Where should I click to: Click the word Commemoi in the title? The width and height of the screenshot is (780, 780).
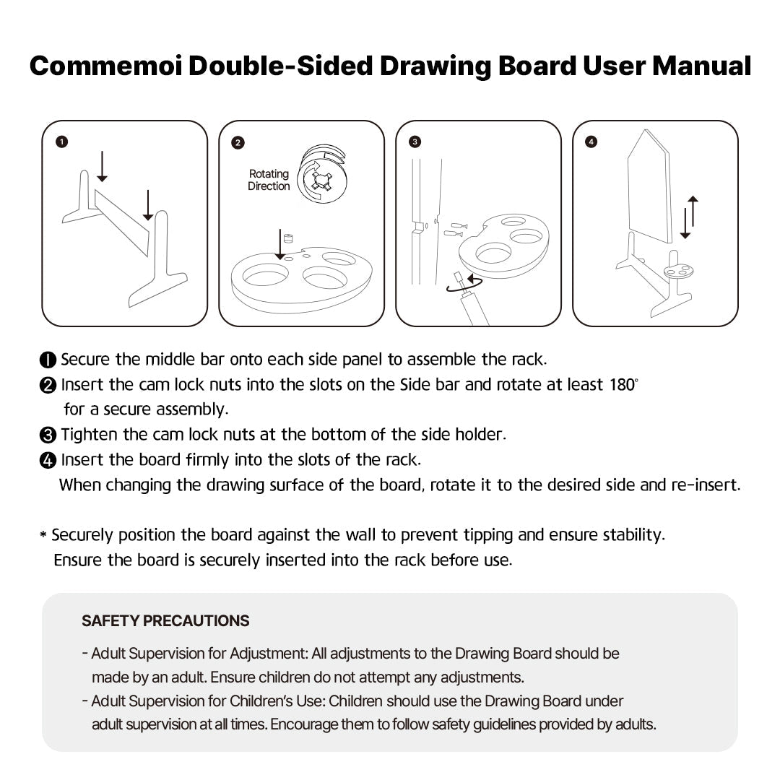pos(105,66)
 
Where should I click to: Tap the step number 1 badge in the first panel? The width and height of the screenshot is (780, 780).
pos(62,142)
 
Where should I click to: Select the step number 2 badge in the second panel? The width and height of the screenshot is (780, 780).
pos(238,142)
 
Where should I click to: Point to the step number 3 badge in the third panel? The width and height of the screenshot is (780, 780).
pos(415,142)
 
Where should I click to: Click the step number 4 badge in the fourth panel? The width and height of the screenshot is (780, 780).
pos(591,142)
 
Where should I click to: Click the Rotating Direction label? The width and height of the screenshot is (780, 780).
pos(269,180)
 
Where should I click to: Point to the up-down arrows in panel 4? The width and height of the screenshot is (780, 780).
pos(689,217)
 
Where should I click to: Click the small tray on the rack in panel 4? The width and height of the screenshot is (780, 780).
pos(679,271)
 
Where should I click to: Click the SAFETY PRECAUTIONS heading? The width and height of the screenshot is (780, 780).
pos(165,620)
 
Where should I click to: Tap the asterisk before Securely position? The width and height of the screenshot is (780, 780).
pos(43,536)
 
